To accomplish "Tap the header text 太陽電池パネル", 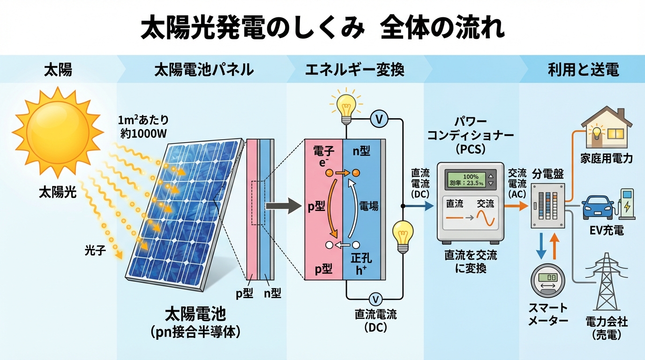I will pos(204,70).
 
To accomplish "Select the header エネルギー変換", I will pos(354,70).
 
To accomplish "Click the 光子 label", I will pos(96,250).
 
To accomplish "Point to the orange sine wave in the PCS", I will pos(485,218).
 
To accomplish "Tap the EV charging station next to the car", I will pos(627,204).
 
